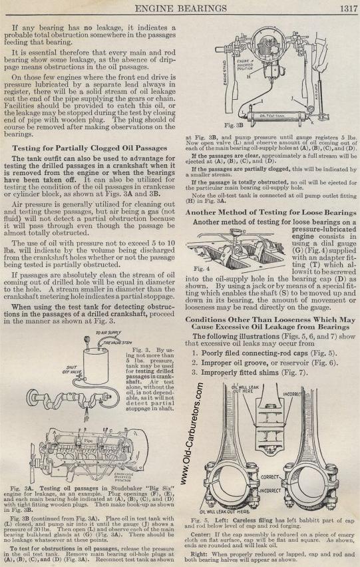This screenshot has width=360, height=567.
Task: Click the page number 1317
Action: click(x=348, y=8)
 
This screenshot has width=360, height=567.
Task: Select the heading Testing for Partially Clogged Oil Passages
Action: click(x=90, y=148)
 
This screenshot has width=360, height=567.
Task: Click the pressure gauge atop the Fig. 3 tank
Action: click(x=87, y=339)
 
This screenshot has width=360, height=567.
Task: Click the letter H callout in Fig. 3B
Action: click(x=248, y=77)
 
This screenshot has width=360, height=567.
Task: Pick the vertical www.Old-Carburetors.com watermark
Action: click(x=192, y=435)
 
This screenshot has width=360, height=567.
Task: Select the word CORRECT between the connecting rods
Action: click(x=270, y=477)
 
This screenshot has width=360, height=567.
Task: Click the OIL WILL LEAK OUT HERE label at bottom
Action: click(x=224, y=512)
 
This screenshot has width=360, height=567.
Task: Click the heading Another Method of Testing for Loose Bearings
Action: click(x=271, y=213)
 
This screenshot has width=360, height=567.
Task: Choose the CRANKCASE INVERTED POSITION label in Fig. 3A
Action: click(x=124, y=477)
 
